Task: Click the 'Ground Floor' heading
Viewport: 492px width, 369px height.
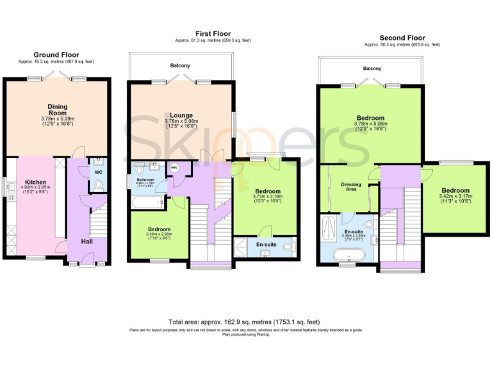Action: [x=57, y=55]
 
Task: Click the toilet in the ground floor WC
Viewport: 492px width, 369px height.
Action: [x=97, y=184]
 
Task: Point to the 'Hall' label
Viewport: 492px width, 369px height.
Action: [x=87, y=242]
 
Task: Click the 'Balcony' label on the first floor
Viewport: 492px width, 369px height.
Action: [x=180, y=65]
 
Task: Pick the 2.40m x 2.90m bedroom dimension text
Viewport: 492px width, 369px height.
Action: [x=159, y=236]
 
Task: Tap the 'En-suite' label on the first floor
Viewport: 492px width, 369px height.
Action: [x=266, y=244]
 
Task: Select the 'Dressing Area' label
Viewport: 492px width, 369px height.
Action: [x=350, y=187]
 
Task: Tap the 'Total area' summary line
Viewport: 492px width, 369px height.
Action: [x=244, y=322]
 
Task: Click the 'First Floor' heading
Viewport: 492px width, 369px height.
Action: [x=213, y=33]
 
